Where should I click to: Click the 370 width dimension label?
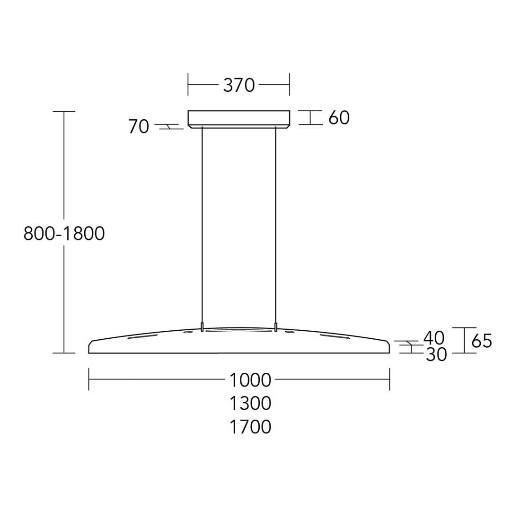[x=239, y=86]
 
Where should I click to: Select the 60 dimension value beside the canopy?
[x=339, y=118]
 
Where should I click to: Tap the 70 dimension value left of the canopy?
[x=139, y=127]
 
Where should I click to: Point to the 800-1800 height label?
[x=64, y=234]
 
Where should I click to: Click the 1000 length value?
[x=250, y=380]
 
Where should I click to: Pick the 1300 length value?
[x=250, y=404]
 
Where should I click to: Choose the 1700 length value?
[x=250, y=427]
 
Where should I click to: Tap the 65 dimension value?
[x=482, y=341]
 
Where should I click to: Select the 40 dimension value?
[x=434, y=338]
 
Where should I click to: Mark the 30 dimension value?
[x=436, y=354]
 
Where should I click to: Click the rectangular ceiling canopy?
[x=239, y=118]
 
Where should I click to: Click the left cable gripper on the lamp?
[x=203, y=327]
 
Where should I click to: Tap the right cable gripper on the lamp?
[x=275, y=327]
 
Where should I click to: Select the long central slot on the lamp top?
[x=239, y=332]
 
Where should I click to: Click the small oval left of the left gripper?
[x=188, y=333]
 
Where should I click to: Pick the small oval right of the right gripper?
[x=290, y=333]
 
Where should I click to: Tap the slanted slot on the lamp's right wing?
[x=335, y=337]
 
